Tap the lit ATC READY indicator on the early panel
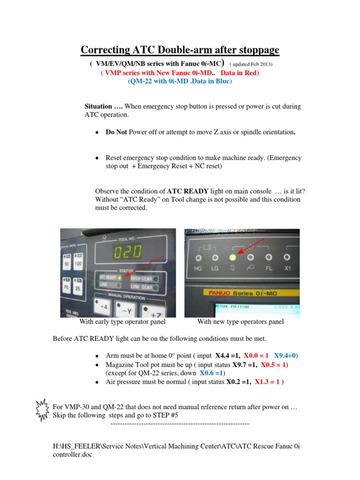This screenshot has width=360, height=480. [119, 277]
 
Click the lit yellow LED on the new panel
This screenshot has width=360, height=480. [232, 257]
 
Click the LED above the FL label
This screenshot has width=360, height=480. [269, 257]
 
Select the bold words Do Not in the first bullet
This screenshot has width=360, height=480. [116, 132]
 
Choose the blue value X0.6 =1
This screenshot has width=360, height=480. [211, 373]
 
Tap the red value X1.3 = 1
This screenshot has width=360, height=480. [267, 382]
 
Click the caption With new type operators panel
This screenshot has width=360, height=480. [240, 322]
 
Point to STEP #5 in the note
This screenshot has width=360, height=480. [164, 415]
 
